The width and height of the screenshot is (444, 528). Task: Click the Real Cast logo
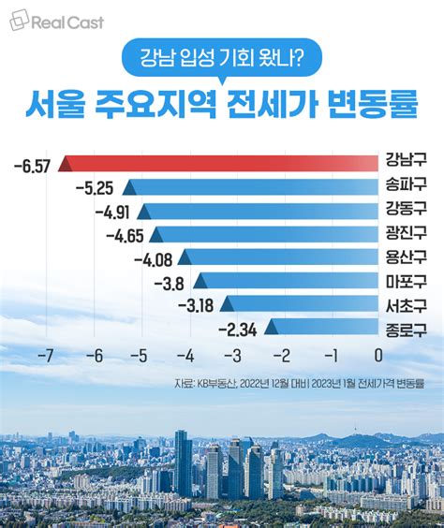(x=58, y=22)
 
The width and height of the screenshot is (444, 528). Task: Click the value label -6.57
(x=32, y=166)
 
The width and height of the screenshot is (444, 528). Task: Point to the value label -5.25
(x=96, y=188)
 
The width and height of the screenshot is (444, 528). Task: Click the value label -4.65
(x=125, y=234)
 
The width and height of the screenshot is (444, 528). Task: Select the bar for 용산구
(x=279, y=255)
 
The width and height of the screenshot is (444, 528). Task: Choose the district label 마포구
(x=406, y=280)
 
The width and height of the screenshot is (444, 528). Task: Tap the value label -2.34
(x=238, y=329)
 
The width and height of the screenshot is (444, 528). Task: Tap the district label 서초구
(x=406, y=304)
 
